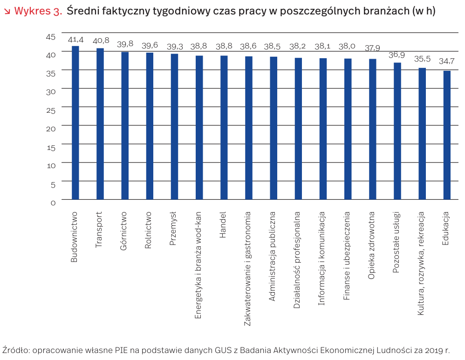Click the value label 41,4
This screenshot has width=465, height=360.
coord(75,40)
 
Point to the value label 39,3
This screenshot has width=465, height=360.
coord(175,47)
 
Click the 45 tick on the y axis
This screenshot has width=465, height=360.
coord(51,36)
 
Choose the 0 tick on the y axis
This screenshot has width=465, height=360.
coord(53,203)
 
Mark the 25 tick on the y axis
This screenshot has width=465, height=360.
coord(51,110)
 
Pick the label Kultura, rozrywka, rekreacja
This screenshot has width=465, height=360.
coord(421,264)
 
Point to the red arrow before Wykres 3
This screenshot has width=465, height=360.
coord(7,11)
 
